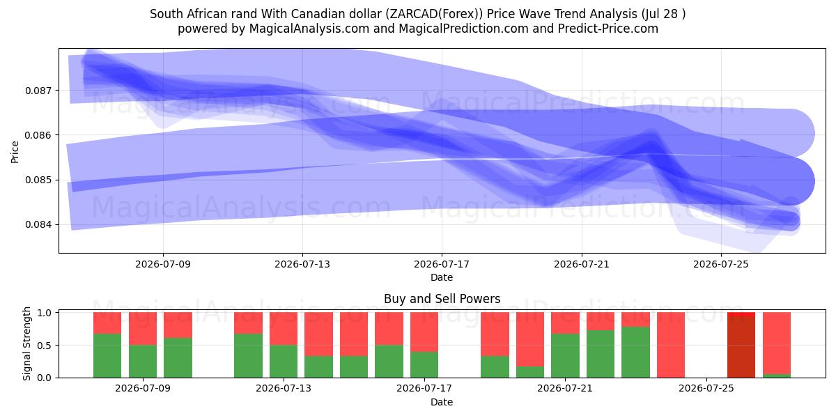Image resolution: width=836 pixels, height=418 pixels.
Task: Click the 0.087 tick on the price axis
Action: [x=38, y=91]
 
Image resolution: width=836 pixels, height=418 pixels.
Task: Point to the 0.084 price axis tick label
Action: [x=38, y=224]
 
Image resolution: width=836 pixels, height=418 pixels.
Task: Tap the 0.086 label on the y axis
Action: [x=38, y=135]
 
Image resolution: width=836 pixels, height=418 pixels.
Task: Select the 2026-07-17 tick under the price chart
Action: [x=442, y=264]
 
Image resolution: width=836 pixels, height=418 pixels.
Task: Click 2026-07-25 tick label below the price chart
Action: [x=721, y=264]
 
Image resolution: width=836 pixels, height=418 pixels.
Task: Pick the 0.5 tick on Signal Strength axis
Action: [x=45, y=346]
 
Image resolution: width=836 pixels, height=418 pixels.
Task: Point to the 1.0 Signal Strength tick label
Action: [x=45, y=313]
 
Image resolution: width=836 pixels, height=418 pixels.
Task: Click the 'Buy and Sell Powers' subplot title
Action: [x=442, y=299]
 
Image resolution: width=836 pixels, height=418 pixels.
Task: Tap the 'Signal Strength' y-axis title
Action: [x=26, y=343]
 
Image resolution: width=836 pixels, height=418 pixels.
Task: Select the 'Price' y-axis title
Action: [x=15, y=152]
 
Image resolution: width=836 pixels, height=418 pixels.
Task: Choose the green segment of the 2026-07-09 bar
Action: [x=143, y=362]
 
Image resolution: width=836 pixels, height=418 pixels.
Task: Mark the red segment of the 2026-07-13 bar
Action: [x=284, y=328]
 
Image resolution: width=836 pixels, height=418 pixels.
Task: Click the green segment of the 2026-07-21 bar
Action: [x=565, y=356]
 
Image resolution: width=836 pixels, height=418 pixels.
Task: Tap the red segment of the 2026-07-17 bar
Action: [x=424, y=332]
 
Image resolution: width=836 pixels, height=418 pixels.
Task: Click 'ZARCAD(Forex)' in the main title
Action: [x=434, y=14]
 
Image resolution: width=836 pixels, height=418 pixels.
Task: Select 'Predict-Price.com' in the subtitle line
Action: [x=608, y=29]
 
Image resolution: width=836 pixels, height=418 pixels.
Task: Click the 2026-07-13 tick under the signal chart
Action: [x=284, y=388]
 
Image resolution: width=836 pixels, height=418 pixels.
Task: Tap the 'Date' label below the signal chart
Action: [x=442, y=402]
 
